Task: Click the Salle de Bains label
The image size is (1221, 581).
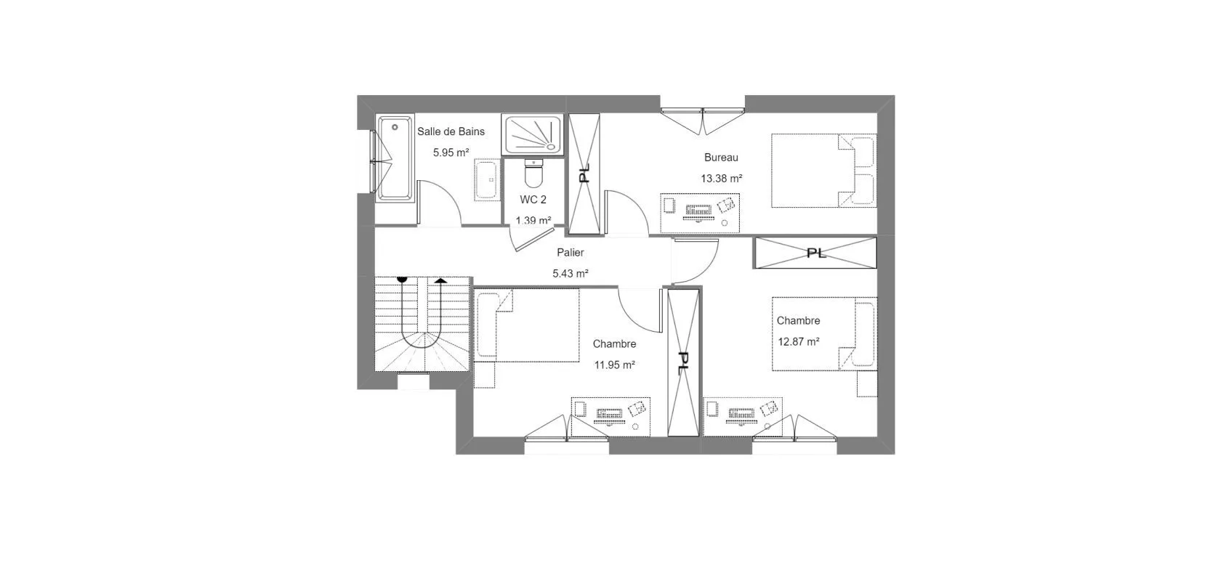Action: [x=451, y=131]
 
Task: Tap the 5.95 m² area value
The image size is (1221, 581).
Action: [x=451, y=153]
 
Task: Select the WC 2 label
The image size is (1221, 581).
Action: [x=533, y=200]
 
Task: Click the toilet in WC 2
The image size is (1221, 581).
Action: [x=533, y=173]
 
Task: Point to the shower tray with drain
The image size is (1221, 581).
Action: [x=532, y=134]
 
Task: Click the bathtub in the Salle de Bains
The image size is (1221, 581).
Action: [x=395, y=158]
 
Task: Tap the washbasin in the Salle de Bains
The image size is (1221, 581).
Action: [x=486, y=179]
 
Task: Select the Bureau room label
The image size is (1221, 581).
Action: [x=721, y=158]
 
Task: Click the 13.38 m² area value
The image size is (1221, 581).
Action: [x=721, y=179]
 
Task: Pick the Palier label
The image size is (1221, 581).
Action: [x=570, y=253]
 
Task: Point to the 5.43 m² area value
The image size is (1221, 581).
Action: [x=570, y=274]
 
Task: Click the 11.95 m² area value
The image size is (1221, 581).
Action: [x=614, y=365]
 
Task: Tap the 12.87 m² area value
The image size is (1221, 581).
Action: [x=799, y=342]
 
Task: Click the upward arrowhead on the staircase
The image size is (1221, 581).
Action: [x=440, y=280]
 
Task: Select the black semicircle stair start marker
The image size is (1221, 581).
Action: [x=403, y=280]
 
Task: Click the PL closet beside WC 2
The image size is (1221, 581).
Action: [x=584, y=174]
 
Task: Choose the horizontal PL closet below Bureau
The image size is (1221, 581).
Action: [x=815, y=253]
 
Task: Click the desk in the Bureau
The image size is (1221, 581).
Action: [x=700, y=213]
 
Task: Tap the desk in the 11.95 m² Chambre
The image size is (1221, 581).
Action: [x=610, y=416]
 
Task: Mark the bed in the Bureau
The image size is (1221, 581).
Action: [x=823, y=171]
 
